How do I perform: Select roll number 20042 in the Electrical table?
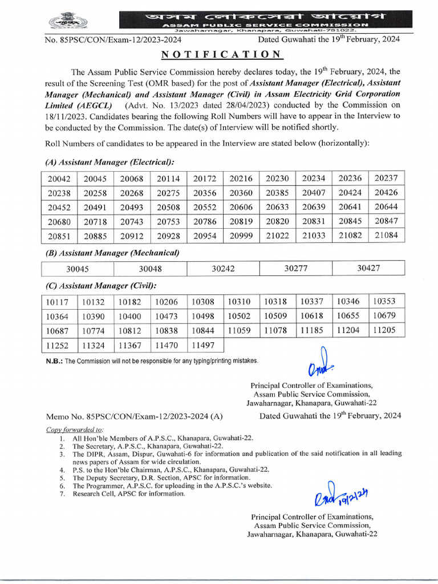pos(59,179)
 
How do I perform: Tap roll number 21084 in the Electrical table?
pos(386,236)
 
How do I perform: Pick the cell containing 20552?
pos(204,207)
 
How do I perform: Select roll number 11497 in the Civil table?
pos(203,344)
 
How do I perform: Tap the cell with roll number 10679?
pos(384,316)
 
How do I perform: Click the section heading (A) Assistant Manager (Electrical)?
pos(109,163)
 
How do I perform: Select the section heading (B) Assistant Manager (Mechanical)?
pos(112,253)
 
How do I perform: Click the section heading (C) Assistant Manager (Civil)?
pos(100,286)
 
